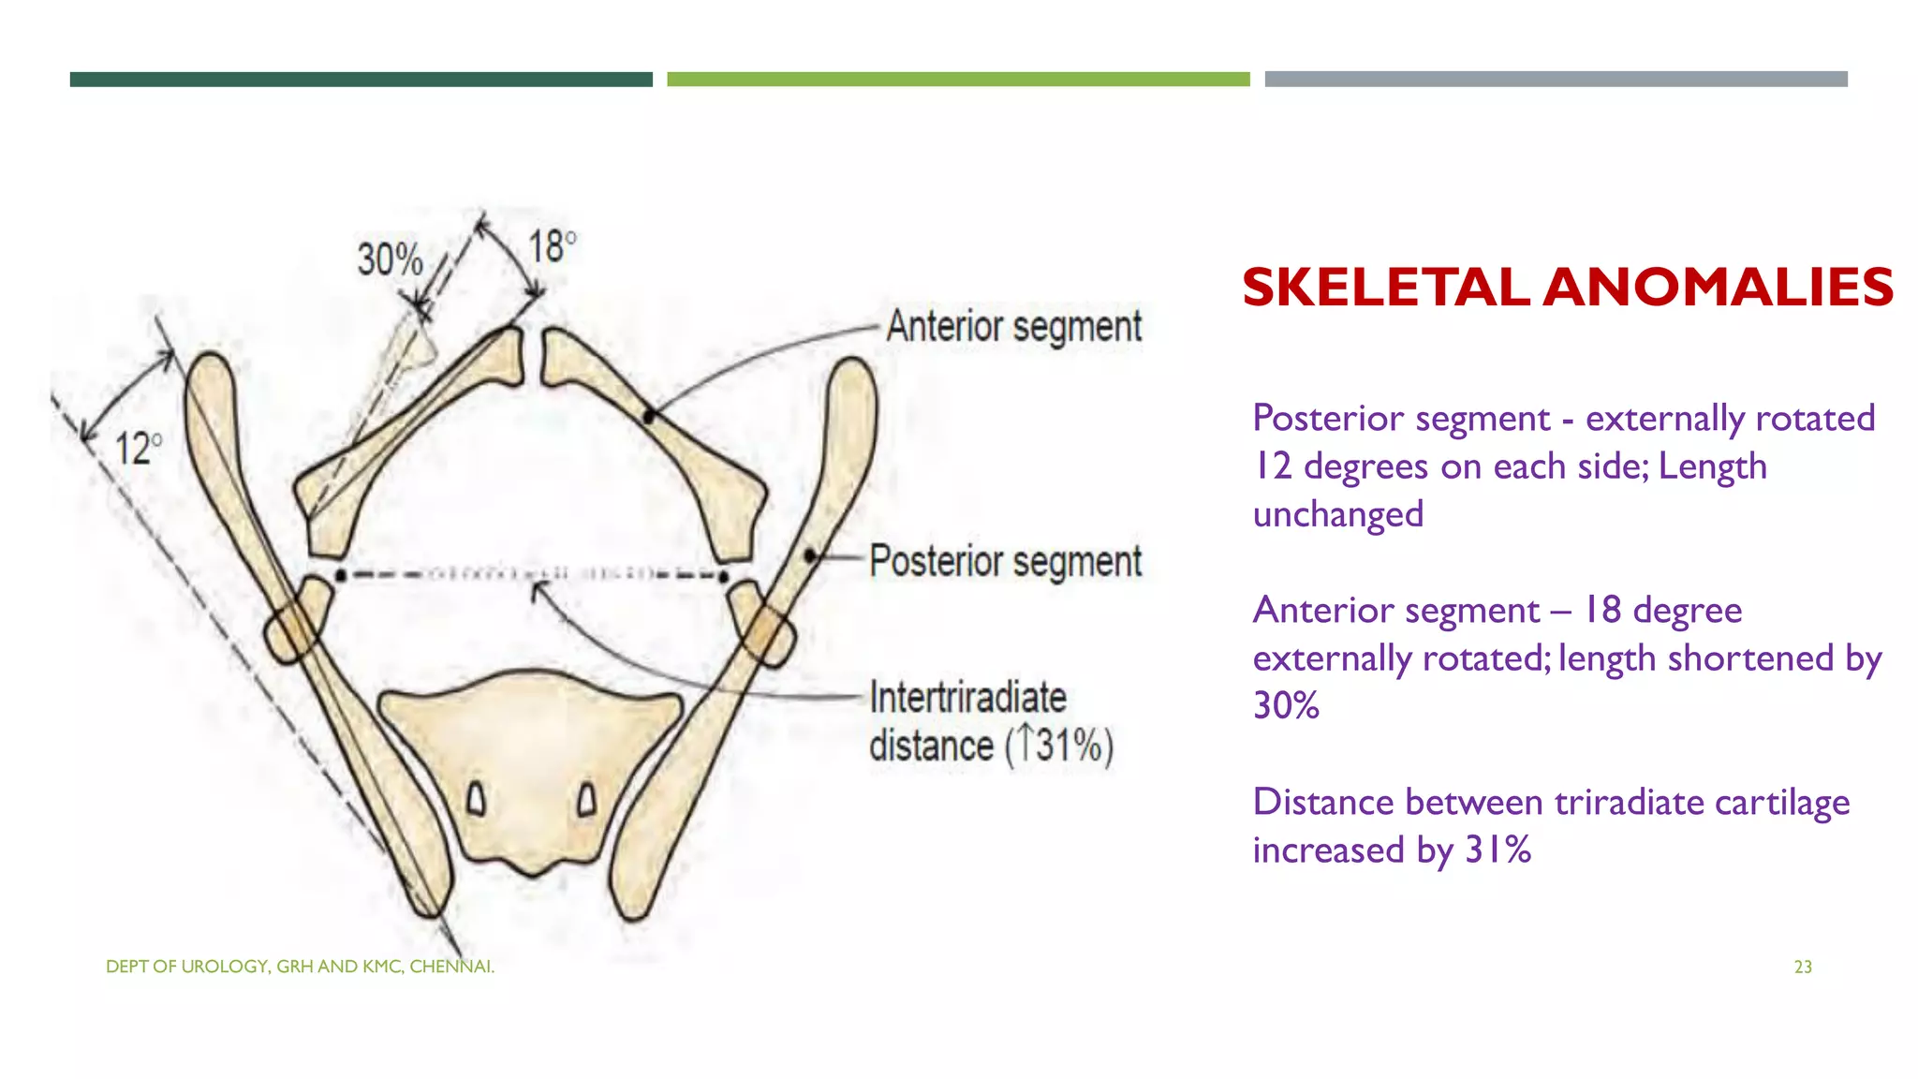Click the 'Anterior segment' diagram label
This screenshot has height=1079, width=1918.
(x=1013, y=327)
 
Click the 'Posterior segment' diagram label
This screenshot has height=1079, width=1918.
(x=1005, y=562)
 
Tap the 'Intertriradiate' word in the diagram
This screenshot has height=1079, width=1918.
(x=967, y=698)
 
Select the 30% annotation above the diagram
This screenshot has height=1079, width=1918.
(x=390, y=259)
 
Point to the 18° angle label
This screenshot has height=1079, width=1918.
(x=552, y=247)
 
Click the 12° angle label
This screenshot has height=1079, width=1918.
(x=137, y=450)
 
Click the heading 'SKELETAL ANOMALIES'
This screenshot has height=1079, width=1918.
(x=1567, y=287)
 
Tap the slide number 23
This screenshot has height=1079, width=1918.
(x=1803, y=967)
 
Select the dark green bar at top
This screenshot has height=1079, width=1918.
(x=361, y=80)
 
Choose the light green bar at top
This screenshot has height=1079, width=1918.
(x=958, y=80)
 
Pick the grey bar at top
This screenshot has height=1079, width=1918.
(x=1556, y=80)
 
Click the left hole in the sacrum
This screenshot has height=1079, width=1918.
(x=477, y=800)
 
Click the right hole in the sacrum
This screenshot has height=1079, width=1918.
(x=587, y=800)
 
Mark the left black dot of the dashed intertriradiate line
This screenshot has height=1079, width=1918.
(x=341, y=574)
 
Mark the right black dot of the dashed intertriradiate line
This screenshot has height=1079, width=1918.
(x=723, y=576)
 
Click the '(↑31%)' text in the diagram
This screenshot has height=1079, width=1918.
(x=1059, y=746)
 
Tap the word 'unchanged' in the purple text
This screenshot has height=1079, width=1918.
(x=1337, y=514)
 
